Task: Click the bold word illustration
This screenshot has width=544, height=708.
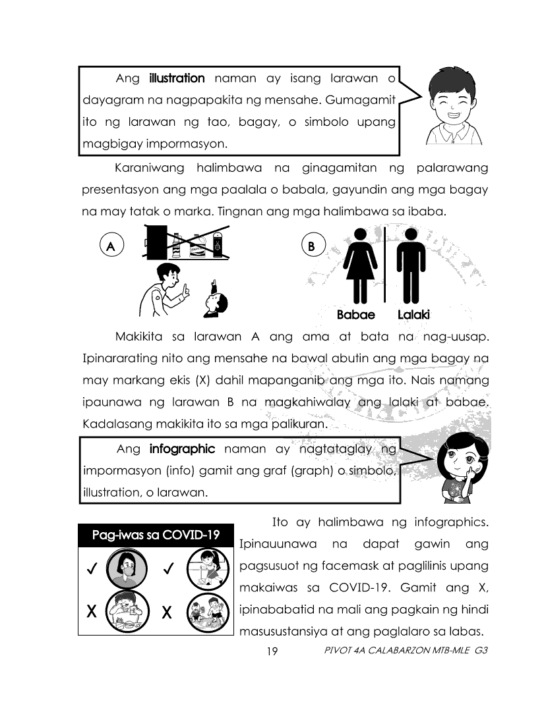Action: [x=177, y=78]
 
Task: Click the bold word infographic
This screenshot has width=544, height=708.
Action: [x=182, y=449]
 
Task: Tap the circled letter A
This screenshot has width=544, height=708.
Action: [x=111, y=246]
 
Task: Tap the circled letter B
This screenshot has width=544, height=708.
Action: [x=311, y=246]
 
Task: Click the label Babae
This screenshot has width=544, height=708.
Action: [x=355, y=315]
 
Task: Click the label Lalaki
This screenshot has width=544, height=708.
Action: [x=413, y=315]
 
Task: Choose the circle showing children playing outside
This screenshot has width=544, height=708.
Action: [x=202, y=611]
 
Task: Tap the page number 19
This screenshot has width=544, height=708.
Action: [x=271, y=651]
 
